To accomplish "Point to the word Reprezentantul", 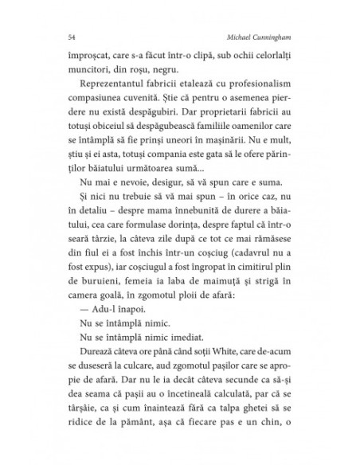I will tap(111, 92).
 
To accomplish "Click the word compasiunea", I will tap(93, 108).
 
